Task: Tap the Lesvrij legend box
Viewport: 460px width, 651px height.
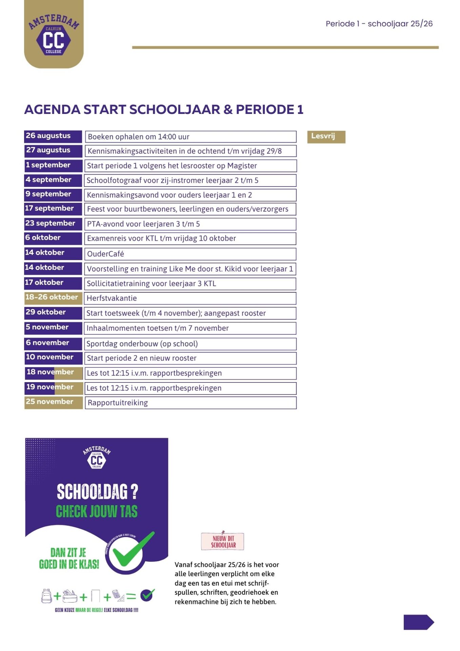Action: pyautogui.click(x=326, y=137)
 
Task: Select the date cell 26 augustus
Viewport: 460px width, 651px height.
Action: pyautogui.click(x=53, y=136)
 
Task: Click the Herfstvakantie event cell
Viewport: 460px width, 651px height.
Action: pyautogui.click(x=190, y=298)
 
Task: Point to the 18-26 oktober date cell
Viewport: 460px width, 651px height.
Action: pyautogui.click(x=53, y=297)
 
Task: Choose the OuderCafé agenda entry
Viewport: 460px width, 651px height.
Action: pyautogui.click(x=190, y=254)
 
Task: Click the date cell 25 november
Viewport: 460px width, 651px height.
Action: pyautogui.click(x=53, y=402)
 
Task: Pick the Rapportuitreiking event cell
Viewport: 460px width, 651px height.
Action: pyautogui.click(x=190, y=403)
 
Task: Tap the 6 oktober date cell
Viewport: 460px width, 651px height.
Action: pyautogui.click(x=53, y=238)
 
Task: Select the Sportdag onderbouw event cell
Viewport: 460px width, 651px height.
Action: pyautogui.click(x=190, y=344)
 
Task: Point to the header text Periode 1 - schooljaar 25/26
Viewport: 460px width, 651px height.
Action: pyautogui.click(x=379, y=24)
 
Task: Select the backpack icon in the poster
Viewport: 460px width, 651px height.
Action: pyautogui.click(x=46, y=595)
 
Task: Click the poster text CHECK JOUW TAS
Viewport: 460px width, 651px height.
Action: pyautogui.click(x=97, y=511)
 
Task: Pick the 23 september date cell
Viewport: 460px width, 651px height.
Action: pyautogui.click(x=53, y=223)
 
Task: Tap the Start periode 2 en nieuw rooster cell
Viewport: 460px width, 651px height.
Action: pyautogui.click(x=190, y=358)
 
